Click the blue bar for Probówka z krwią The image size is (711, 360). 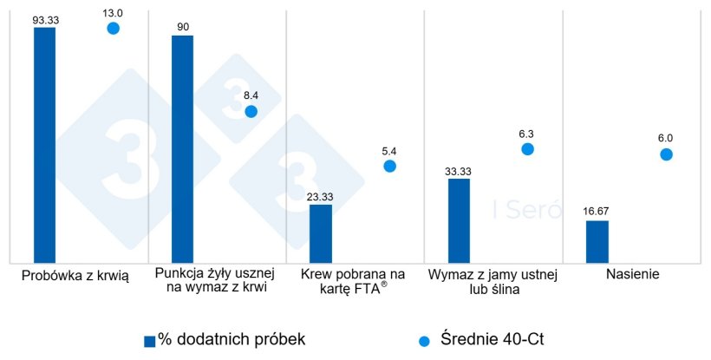(x=44, y=144)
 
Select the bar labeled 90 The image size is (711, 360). (x=183, y=148)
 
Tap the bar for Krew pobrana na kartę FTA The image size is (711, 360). (x=321, y=232)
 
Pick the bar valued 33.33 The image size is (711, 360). (x=459, y=219)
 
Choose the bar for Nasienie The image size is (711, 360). (x=597, y=240)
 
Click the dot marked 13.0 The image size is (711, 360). (x=113, y=29)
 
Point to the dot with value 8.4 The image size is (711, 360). (x=251, y=111)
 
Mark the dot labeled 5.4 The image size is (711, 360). (x=389, y=166)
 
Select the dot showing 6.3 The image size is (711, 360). (x=527, y=149)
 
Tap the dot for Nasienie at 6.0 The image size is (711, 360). (x=666, y=154)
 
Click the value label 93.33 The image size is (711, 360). (x=45, y=18)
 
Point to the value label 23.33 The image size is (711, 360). (x=321, y=196)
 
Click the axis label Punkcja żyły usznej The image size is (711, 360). (x=214, y=275)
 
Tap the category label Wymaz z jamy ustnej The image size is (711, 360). (x=493, y=275)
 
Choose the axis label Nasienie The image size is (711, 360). (x=634, y=275)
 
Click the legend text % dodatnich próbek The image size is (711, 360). (x=232, y=339)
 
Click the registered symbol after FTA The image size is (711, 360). (x=384, y=284)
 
